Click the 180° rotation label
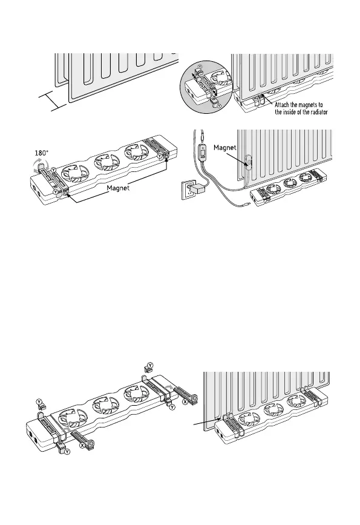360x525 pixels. click(x=42, y=153)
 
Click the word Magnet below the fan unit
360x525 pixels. click(x=118, y=188)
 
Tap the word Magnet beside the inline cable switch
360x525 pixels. click(x=225, y=147)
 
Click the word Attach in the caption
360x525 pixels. click(x=282, y=105)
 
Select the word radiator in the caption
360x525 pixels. click(x=318, y=112)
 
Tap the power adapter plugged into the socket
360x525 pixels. click(x=200, y=189)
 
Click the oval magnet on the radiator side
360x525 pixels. click(x=248, y=163)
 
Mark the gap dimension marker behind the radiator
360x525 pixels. click(x=53, y=101)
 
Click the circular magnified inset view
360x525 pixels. click(x=206, y=87)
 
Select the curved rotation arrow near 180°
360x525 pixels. click(x=40, y=166)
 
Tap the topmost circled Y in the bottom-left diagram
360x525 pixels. click(x=151, y=365)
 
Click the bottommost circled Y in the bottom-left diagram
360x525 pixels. click(x=67, y=452)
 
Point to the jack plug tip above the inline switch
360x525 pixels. click(x=203, y=136)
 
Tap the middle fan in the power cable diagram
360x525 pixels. click(x=290, y=183)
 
